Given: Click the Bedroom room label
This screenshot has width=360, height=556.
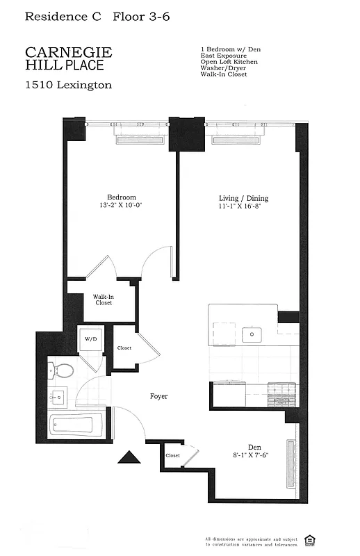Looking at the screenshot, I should [x=121, y=197].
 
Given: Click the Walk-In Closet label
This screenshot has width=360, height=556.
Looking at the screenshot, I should [x=103, y=300].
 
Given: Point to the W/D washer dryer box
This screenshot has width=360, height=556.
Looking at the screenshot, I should [x=90, y=340].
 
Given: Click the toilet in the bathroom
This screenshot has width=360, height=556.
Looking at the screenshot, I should [x=60, y=370].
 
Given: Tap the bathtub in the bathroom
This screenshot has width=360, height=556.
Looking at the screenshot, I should [x=76, y=424].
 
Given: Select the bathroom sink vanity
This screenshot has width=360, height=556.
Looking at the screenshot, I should [x=58, y=398].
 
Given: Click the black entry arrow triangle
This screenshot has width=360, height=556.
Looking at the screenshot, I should [x=129, y=457].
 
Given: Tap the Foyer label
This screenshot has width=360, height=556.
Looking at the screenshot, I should [x=158, y=397].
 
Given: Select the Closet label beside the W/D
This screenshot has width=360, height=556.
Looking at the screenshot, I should [x=124, y=348].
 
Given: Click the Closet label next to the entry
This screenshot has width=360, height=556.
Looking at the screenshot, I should [x=172, y=456].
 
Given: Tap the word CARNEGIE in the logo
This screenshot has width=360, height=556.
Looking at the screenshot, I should [x=68, y=53].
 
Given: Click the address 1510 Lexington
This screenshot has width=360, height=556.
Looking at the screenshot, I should [x=68, y=85].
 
